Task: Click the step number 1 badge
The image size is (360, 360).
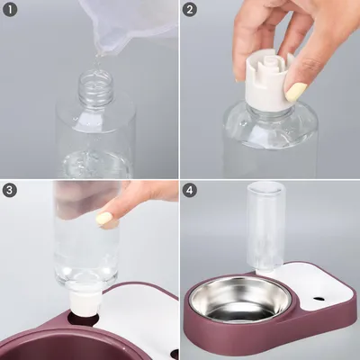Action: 10,10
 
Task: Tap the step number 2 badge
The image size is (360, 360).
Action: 190,10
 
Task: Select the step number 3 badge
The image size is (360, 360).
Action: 10,190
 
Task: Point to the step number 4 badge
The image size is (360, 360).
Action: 190,190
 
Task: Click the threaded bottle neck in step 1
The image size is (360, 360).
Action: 96,85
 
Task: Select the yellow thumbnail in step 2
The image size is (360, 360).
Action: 296,92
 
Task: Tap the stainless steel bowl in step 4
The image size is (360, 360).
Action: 240,300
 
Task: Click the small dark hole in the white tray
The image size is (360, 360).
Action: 319,299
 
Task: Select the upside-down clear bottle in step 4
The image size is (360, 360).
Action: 265,227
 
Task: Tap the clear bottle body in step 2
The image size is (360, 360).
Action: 270,141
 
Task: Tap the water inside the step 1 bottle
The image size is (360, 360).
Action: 96,164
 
